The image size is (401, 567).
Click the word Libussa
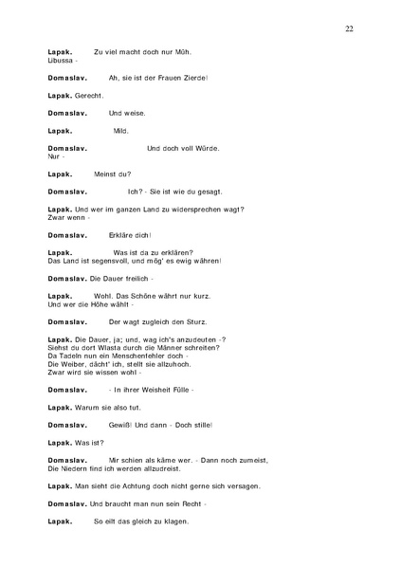[60, 61]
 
